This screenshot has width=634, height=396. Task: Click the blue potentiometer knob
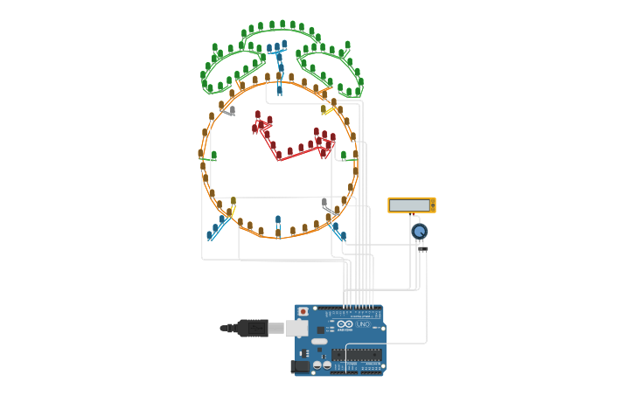pos(420,231)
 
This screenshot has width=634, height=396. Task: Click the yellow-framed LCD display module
pos(411,205)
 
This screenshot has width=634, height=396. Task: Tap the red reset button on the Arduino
pos(303,311)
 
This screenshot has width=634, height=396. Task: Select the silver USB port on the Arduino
pos(297,329)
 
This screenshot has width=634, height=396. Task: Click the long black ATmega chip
pos(356,355)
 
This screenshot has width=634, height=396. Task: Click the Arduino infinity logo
pos(345,324)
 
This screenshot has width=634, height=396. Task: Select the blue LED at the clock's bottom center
pos(278,222)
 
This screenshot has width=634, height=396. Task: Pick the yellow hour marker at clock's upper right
pos(328,109)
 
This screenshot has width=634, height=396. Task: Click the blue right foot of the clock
pos(338,232)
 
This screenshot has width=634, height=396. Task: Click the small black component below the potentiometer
pos(423,250)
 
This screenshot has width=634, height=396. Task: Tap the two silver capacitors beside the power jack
pos(321,365)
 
